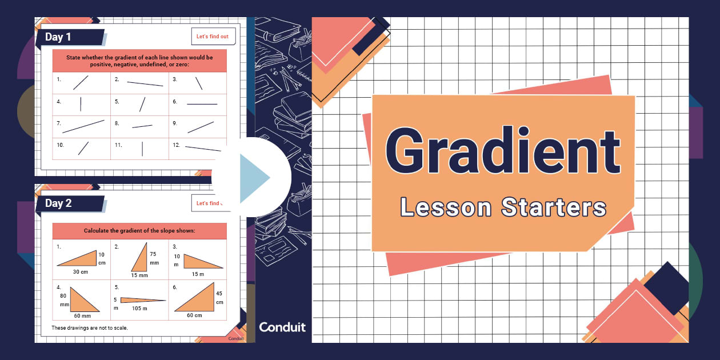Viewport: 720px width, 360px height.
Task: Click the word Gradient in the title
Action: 503,151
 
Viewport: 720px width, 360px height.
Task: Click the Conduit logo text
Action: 282,327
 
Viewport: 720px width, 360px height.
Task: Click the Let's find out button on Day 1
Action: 212,37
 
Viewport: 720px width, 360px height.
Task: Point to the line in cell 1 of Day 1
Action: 81,83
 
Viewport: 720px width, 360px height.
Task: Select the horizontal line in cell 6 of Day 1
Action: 202,104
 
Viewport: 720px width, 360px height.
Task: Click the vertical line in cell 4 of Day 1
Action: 81,104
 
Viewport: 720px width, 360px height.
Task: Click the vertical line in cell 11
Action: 142,148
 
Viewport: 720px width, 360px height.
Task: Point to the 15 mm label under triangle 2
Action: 139,275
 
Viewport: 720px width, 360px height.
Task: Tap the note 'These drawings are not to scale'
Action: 90,328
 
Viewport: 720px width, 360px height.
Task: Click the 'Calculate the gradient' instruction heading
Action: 139,231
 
